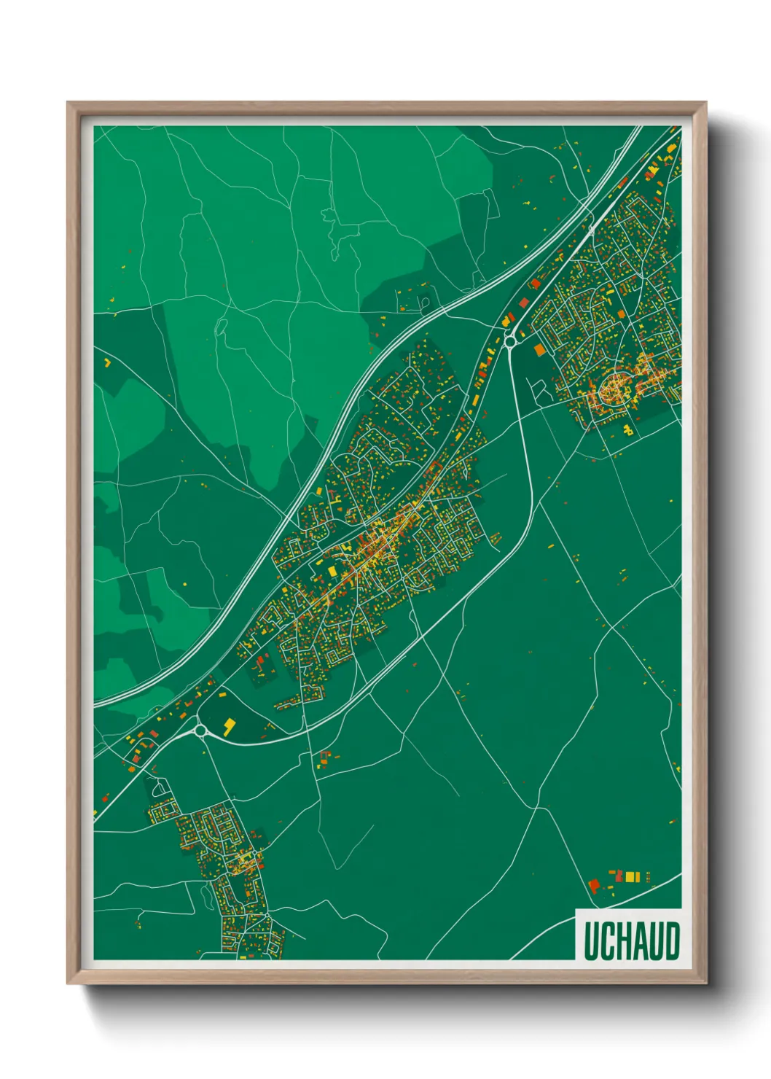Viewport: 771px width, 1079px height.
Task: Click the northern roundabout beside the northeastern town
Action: (509, 340)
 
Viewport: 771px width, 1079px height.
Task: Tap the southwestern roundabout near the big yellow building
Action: (200, 730)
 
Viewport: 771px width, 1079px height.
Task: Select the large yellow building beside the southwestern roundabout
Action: (230, 725)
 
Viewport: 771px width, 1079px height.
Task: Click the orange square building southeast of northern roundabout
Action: (539, 351)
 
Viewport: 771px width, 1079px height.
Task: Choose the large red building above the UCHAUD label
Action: (594, 885)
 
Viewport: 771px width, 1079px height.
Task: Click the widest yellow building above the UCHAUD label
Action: (632, 876)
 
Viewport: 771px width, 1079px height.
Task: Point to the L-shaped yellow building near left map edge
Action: (108, 361)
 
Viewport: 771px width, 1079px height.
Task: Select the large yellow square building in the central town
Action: (332, 571)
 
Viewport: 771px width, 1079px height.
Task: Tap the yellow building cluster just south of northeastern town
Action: (627, 431)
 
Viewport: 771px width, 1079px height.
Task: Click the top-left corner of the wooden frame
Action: (68, 103)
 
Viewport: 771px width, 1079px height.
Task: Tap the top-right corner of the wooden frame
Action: (705, 103)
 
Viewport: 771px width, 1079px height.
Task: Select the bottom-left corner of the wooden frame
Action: (68, 983)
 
